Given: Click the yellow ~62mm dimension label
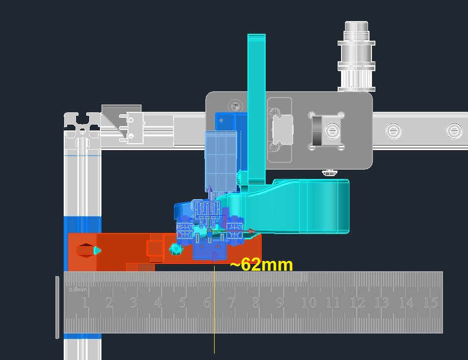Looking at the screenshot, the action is (x=262, y=264).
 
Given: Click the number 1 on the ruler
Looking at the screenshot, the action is (x=85, y=303).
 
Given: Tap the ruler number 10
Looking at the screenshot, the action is (x=309, y=303).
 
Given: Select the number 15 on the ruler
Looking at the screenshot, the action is (x=431, y=303).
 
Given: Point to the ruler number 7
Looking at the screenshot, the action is (x=231, y=303).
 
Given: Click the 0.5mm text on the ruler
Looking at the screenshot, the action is (x=77, y=289).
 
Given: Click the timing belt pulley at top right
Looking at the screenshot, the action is (x=356, y=56).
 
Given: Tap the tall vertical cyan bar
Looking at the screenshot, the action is (x=256, y=109).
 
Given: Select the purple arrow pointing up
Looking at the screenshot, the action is (x=210, y=193).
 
